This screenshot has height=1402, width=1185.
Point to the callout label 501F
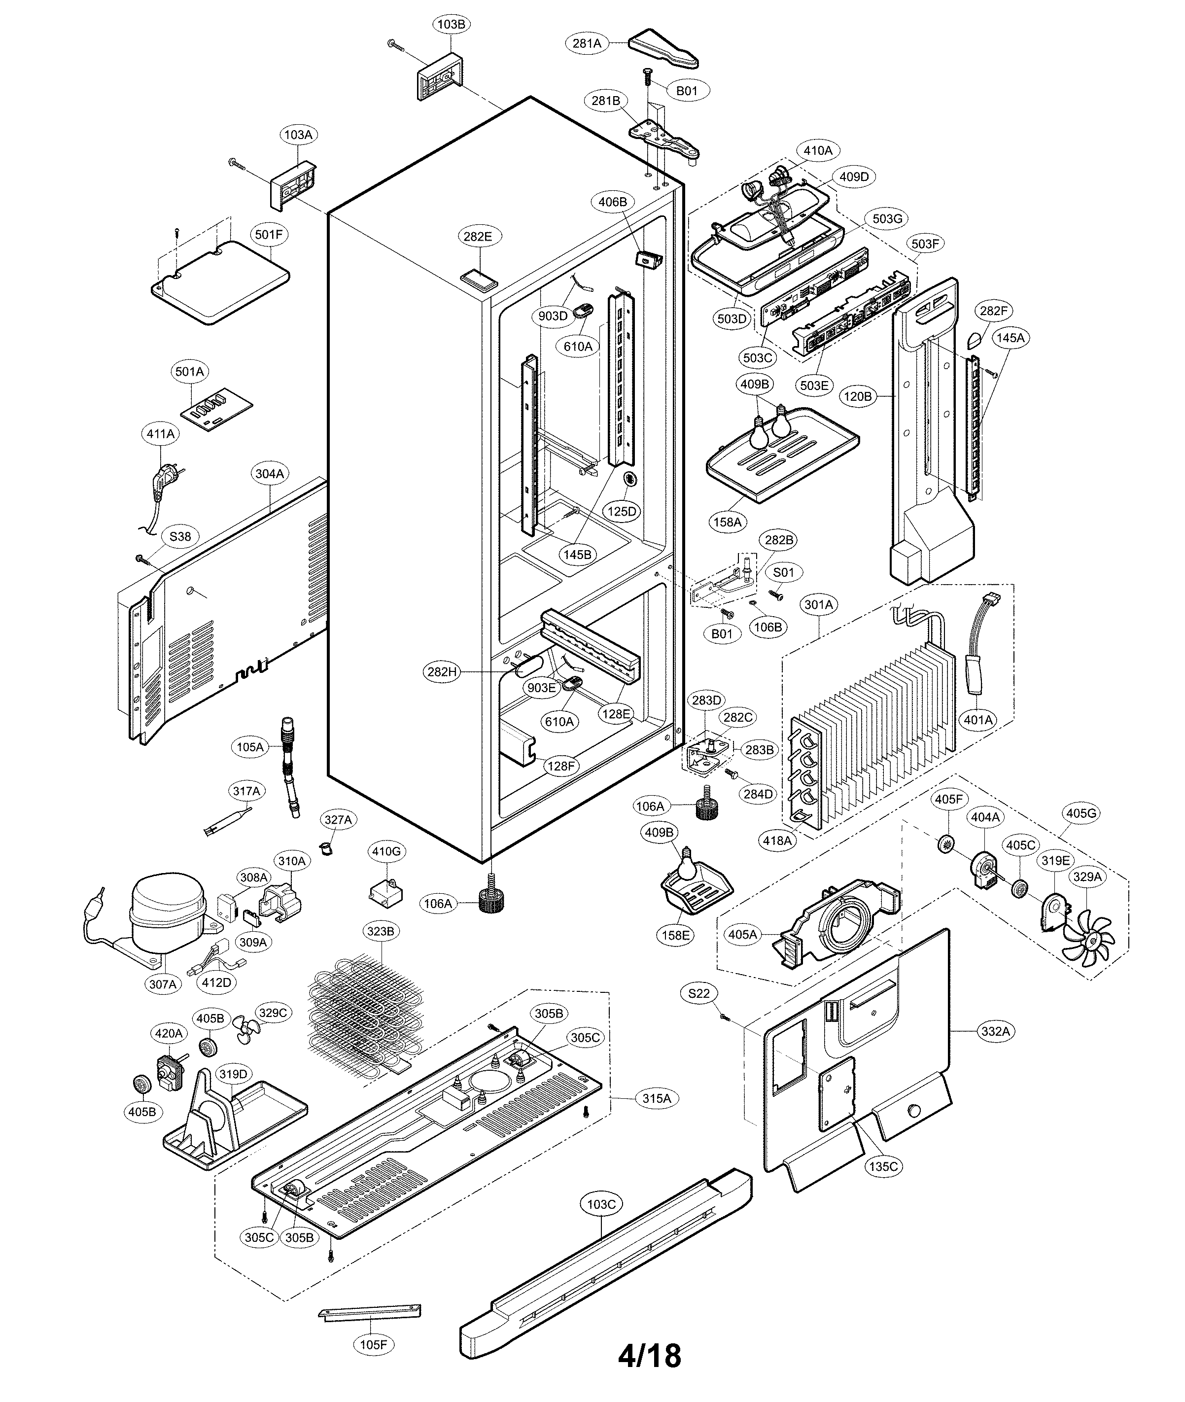tap(269, 235)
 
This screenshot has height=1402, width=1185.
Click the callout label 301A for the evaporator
tap(818, 604)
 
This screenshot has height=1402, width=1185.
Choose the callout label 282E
tap(478, 237)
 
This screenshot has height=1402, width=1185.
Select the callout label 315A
tap(656, 1098)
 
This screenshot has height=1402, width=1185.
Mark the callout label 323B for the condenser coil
tap(380, 931)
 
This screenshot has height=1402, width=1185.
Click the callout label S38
tap(180, 536)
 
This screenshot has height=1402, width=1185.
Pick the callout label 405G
tap(1081, 813)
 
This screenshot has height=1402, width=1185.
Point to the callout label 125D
tap(622, 511)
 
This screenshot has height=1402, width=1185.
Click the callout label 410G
tap(386, 852)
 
